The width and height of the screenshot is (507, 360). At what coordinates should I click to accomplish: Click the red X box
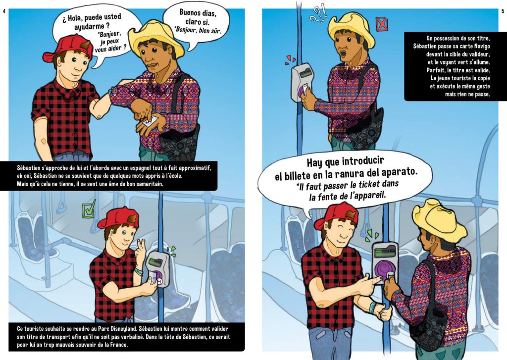tap(382, 24)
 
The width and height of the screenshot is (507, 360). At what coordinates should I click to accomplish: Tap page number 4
tap(4, 11)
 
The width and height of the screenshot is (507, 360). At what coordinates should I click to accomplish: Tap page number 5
tap(503, 11)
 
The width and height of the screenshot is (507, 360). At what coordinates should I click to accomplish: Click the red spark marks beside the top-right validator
tap(290, 60)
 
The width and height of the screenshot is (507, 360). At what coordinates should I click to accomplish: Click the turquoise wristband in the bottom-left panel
tap(139, 271)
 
